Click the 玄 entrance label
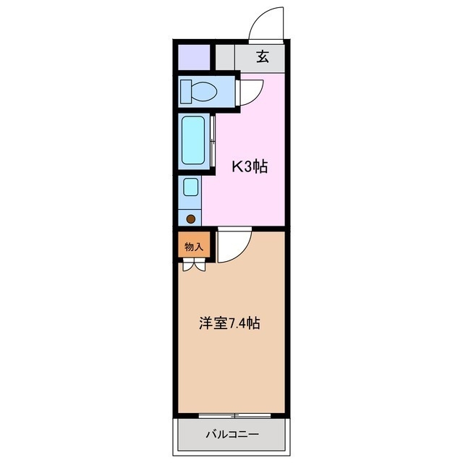(x=263, y=57)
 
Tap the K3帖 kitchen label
(x=250, y=167)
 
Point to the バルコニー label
(x=231, y=435)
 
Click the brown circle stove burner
(x=191, y=218)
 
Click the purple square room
(x=193, y=56)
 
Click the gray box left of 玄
(x=226, y=57)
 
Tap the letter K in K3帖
(x=236, y=167)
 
